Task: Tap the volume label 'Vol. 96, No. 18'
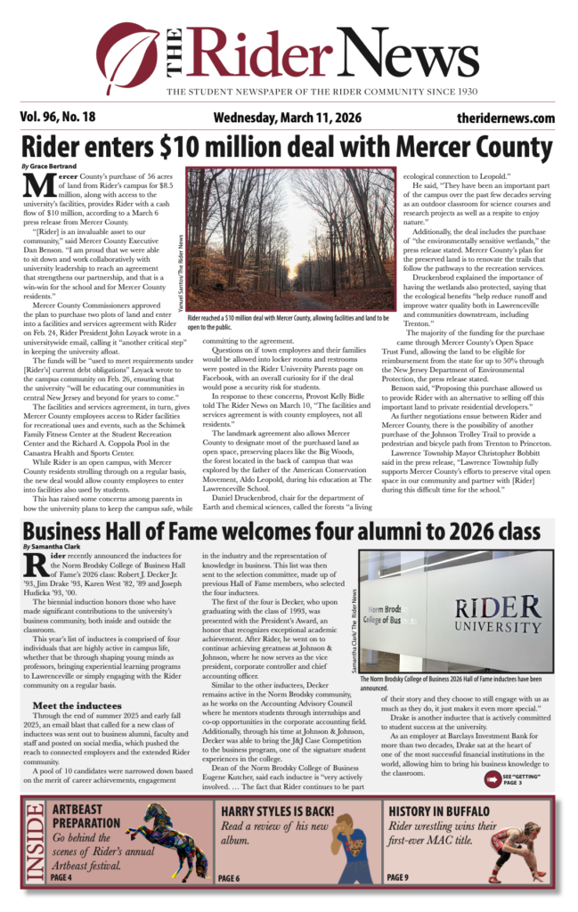coord(61,118)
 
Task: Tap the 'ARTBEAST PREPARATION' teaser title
coord(86,818)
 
